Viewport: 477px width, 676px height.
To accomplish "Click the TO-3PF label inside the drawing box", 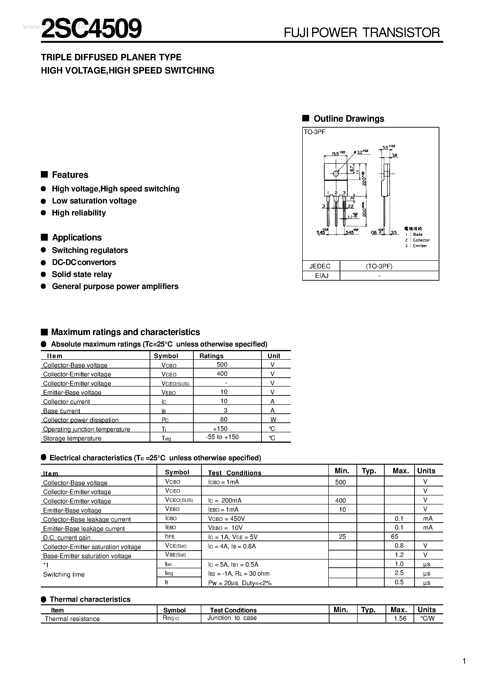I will coord(314,132).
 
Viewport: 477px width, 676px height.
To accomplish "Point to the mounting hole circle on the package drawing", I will coord(335,173).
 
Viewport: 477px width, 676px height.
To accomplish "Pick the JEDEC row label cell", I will coord(320,266).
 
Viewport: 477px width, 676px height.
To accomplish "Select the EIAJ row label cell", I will coord(321,276).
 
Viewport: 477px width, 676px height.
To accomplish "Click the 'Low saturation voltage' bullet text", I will coord(94,201).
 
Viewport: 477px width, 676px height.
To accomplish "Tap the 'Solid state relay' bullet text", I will coord(82,274).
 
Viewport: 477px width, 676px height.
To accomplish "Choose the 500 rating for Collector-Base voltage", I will coord(222,365).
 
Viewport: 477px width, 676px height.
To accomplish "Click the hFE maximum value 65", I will coord(395,536).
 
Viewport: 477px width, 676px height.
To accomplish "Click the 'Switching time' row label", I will coord(64,575).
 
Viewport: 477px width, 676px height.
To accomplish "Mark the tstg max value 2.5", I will coord(399,573).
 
